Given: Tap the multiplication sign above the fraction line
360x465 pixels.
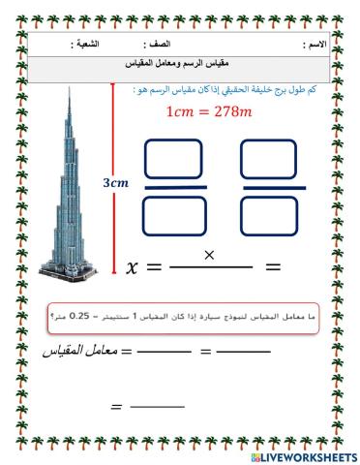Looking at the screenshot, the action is (x=207, y=254).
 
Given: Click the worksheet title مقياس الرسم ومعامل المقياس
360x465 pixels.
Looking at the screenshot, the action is (x=180, y=62).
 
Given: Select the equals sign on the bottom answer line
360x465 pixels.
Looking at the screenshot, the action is (x=118, y=407).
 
